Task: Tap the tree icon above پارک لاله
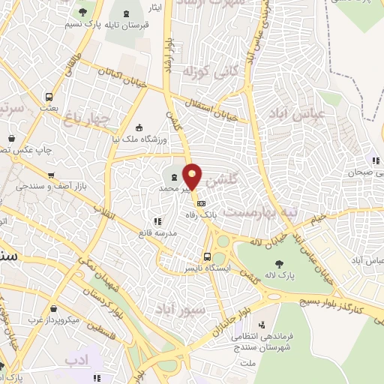tap(280, 263)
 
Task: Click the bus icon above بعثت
tap(49, 97)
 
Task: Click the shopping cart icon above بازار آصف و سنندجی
tap(50, 175)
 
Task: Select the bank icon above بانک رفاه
tap(200, 202)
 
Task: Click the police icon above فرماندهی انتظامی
tap(262, 325)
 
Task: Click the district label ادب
tap(76, 361)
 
